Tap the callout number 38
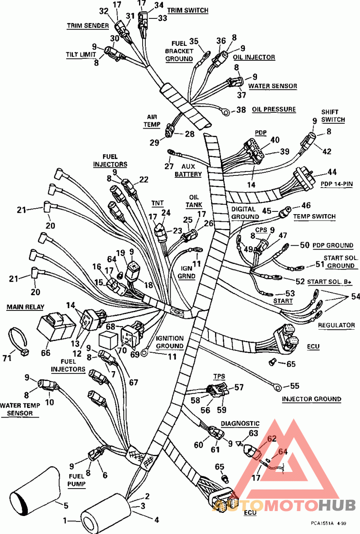(242, 109)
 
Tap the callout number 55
(295, 386)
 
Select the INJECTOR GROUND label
(311, 399)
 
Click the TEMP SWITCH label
(314, 216)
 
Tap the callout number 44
(332, 172)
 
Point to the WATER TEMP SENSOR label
(20, 409)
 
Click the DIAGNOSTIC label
(240, 423)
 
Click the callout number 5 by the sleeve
(66, 506)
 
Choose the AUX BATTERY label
(188, 171)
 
